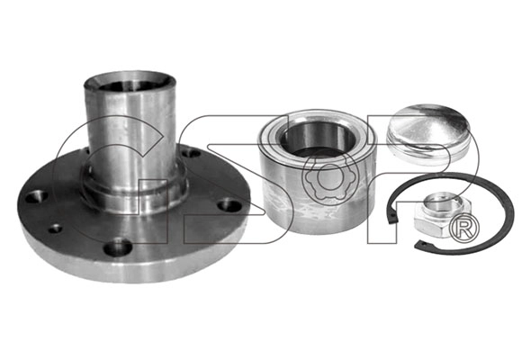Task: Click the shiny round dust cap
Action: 427,134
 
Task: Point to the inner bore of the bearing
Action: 318,139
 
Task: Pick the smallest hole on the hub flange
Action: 55,229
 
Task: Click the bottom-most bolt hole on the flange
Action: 118,247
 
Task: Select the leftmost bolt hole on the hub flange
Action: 37,196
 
